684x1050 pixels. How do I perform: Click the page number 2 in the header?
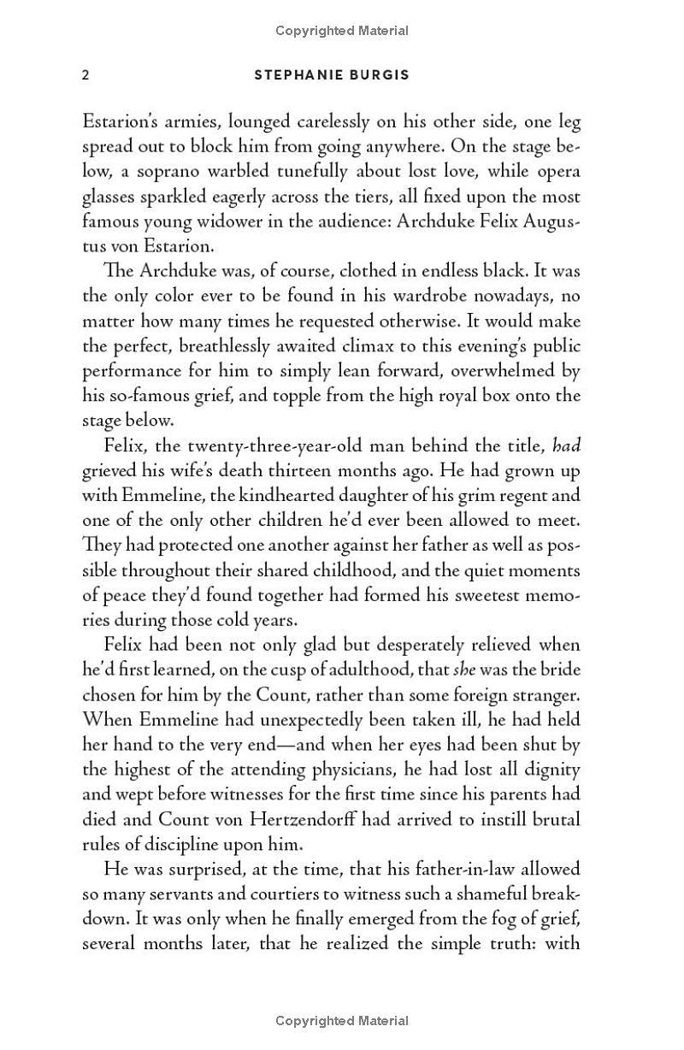85,75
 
